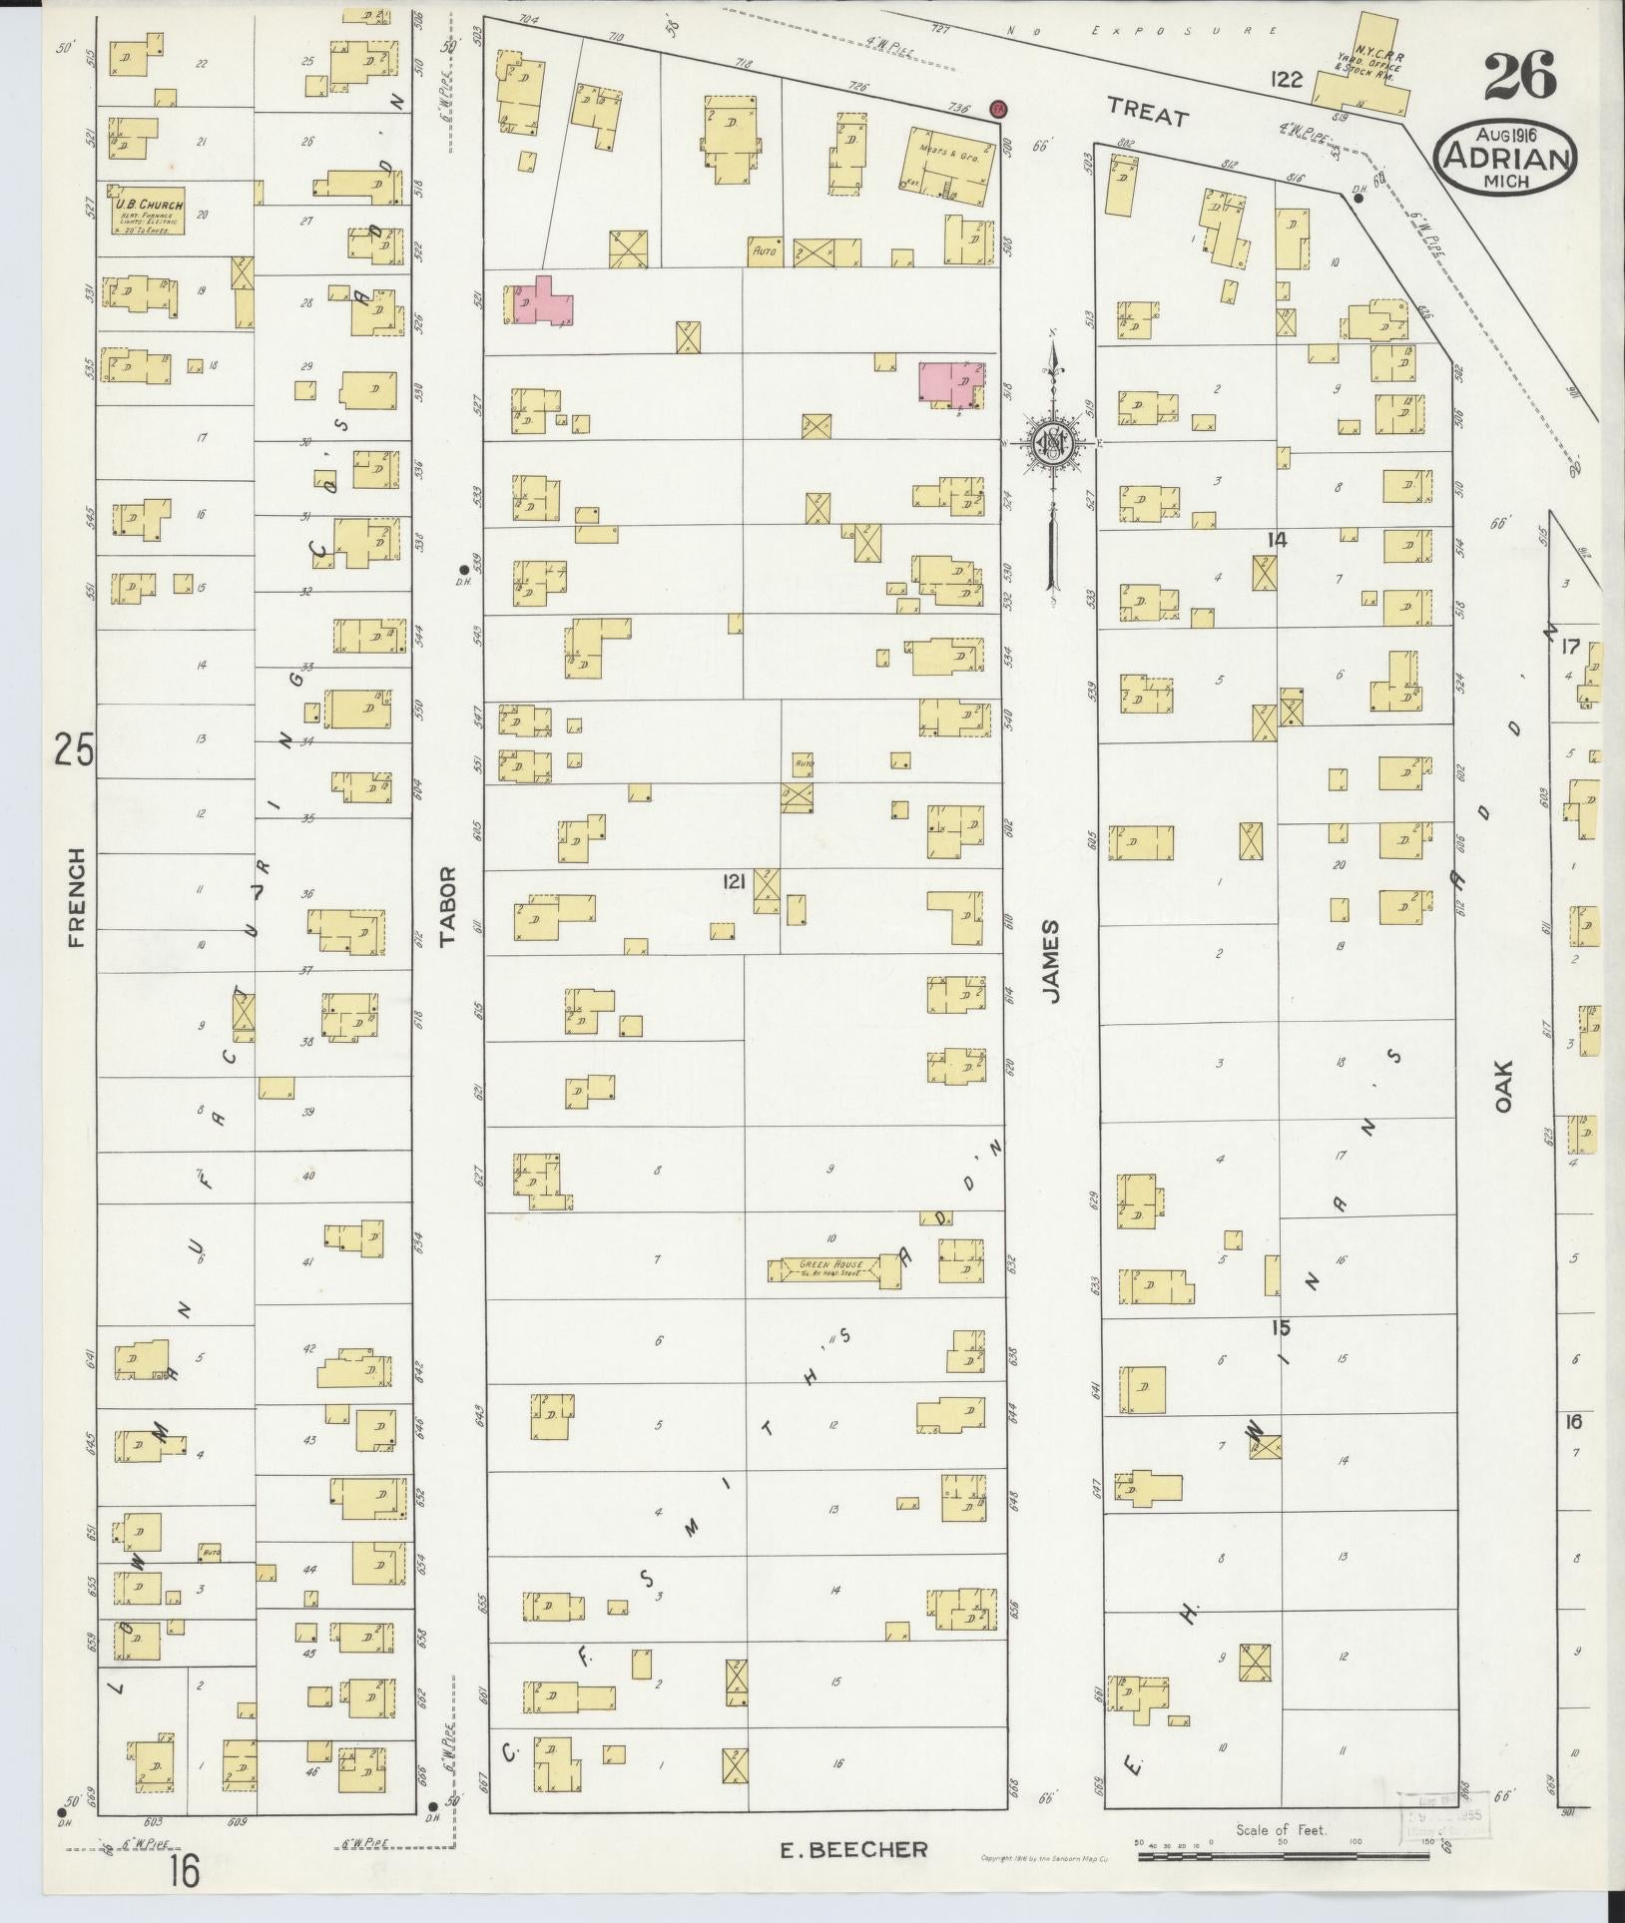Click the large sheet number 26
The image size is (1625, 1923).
pyautogui.click(x=1519, y=77)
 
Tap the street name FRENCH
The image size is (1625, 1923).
pyautogui.click(x=78, y=897)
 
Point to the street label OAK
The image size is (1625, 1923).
pyautogui.click(x=1505, y=1086)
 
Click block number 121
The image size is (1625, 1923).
pyautogui.click(x=735, y=881)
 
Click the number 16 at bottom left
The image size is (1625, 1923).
pyautogui.click(x=184, y=1872)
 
